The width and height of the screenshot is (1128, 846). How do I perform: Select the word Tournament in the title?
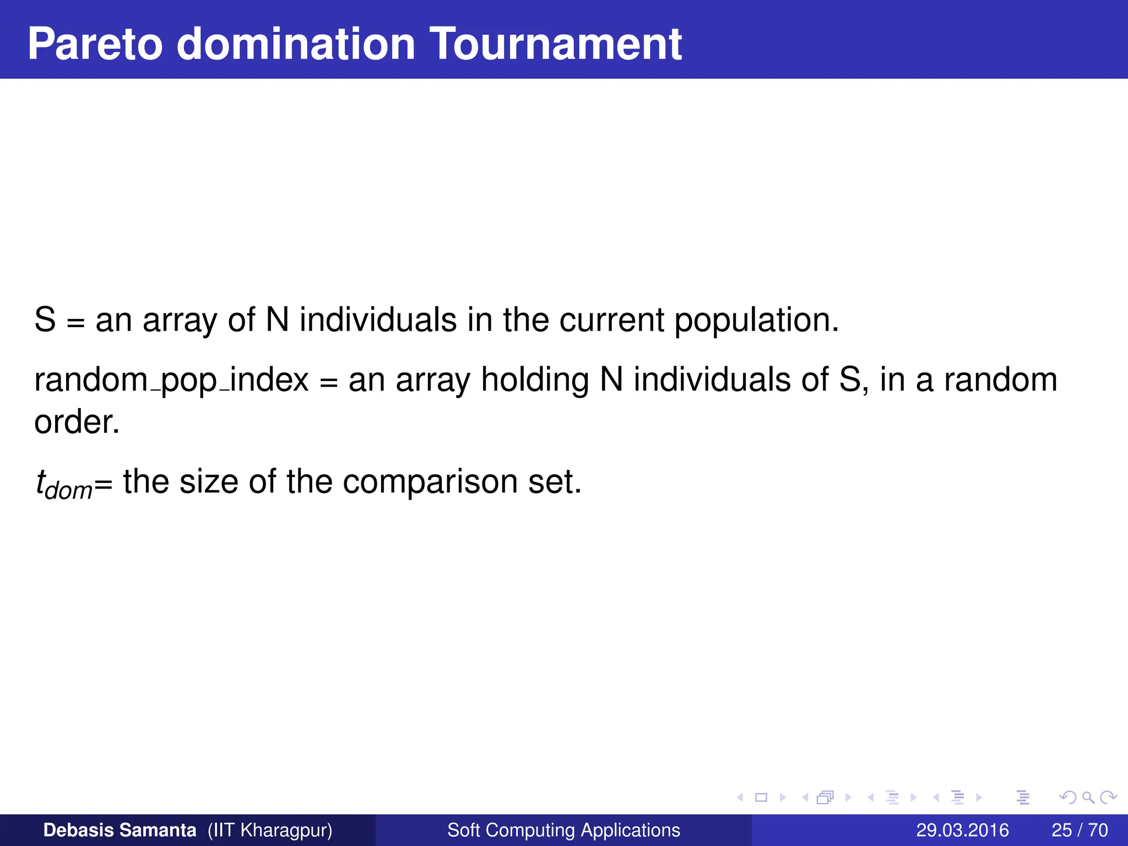click(x=556, y=44)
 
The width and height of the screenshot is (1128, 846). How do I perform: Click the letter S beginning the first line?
click(x=45, y=319)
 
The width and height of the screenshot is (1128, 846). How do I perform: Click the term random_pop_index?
click(x=171, y=380)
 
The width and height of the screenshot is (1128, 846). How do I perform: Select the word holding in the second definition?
click(x=535, y=380)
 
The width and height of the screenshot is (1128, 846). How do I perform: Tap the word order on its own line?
click(x=77, y=422)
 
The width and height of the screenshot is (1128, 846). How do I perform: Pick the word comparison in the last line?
click(x=430, y=482)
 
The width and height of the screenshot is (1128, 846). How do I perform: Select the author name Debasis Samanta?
click(x=120, y=830)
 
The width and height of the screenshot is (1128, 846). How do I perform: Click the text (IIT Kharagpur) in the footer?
click(x=270, y=830)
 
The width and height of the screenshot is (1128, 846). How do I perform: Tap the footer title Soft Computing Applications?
click(x=563, y=830)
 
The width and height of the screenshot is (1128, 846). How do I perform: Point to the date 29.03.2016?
click(x=962, y=830)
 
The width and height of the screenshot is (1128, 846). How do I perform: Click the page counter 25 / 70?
click(x=1080, y=830)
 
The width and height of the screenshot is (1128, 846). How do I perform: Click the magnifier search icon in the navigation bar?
click(x=1088, y=798)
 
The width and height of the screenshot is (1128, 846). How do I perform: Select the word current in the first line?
click(x=611, y=319)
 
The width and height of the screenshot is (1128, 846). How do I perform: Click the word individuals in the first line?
click(x=378, y=319)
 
